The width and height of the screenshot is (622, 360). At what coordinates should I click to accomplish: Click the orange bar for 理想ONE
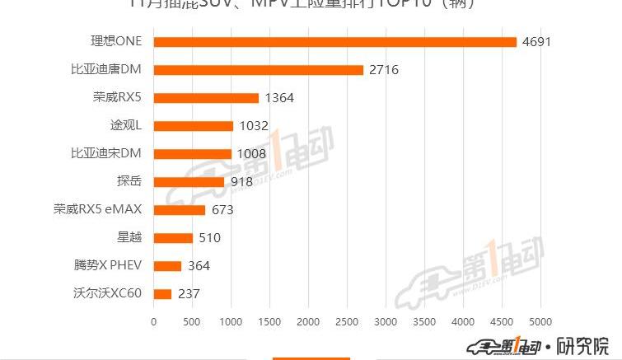[334, 42]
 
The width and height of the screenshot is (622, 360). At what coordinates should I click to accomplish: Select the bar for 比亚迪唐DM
[258, 70]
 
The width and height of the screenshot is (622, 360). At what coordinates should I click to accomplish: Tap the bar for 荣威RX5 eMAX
[180, 210]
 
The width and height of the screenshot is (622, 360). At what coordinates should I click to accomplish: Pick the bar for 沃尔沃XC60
[162, 294]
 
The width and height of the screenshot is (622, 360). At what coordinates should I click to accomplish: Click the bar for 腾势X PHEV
[167, 266]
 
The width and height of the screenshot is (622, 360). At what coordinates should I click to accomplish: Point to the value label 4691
[535, 42]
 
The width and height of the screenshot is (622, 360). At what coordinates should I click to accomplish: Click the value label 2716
[383, 70]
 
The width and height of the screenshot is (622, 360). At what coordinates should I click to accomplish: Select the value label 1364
[278, 98]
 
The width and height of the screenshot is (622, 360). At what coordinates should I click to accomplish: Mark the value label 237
[188, 294]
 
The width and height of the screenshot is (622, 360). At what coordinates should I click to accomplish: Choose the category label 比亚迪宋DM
[106, 153]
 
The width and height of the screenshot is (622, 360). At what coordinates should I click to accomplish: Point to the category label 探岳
[129, 181]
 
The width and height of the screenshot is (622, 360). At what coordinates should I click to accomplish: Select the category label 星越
[129, 237]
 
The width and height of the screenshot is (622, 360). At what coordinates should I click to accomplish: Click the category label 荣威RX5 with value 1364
[117, 97]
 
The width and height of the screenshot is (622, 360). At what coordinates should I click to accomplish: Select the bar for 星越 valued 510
[173, 238]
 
